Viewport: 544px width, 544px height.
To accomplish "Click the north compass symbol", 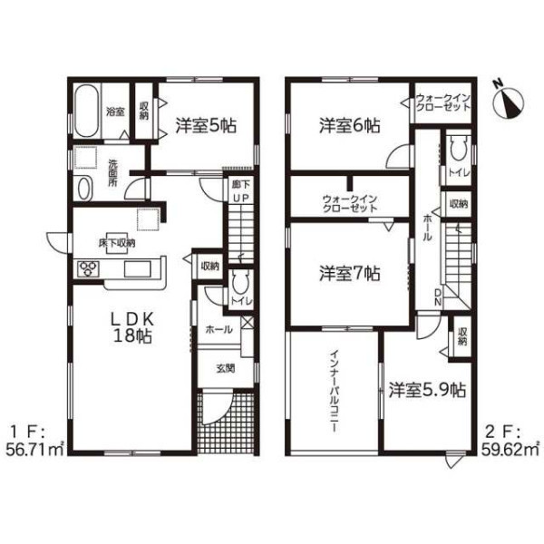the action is click(508, 102).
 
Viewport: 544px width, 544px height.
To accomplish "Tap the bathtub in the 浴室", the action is click(87, 111).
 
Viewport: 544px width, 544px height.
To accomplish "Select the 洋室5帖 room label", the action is click(206, 126).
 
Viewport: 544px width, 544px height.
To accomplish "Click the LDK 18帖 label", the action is click(132, 327).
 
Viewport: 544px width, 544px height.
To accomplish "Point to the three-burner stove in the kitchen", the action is click(89, 269).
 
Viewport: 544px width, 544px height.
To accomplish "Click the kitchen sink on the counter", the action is click(138, 269).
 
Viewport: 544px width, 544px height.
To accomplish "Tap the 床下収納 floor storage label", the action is click(117, 243).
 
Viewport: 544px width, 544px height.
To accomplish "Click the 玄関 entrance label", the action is click(226, 368).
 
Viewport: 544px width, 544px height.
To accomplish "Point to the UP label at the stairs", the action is click(240, 198).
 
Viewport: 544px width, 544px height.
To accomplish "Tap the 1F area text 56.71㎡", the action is click(34, 451).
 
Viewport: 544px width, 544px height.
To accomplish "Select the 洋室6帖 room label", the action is click(349, 126).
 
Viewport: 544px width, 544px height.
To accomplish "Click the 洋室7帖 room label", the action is click(349, 274).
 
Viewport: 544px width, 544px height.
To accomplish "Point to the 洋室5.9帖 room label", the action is click(427, 390).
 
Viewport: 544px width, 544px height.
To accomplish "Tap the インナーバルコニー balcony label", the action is click(334, 391).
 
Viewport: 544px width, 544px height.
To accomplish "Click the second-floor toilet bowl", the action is click(458, 148).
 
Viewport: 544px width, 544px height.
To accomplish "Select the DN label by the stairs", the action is click(438, 297).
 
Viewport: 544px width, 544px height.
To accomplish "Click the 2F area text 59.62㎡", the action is click(510, 451).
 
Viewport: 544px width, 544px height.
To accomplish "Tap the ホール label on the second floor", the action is click(427, 228).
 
